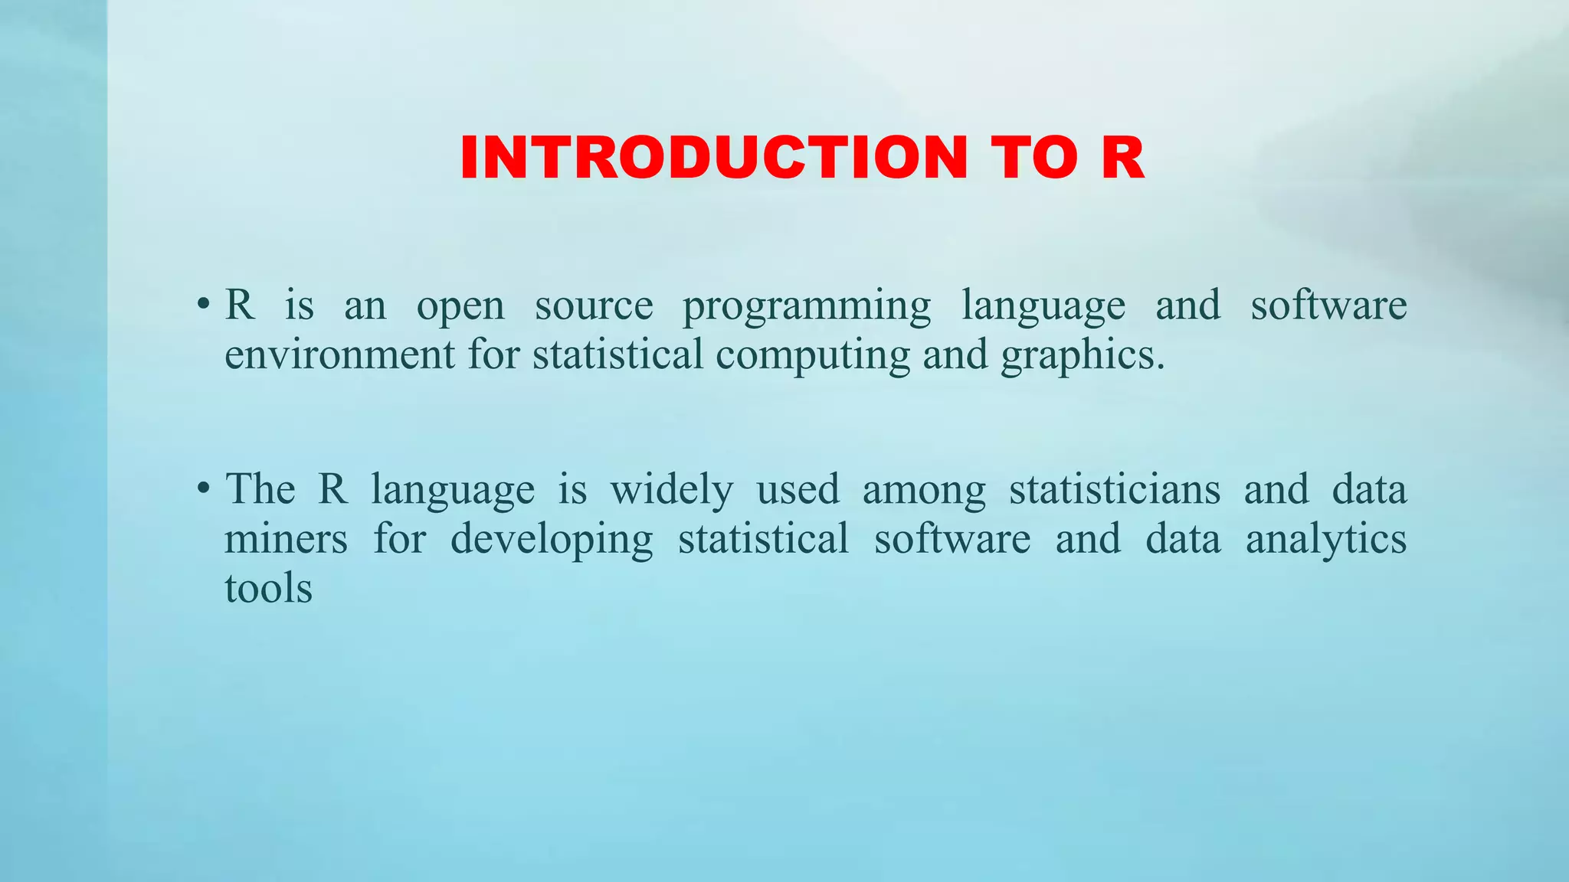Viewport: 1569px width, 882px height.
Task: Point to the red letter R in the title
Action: (x=1123, y=158)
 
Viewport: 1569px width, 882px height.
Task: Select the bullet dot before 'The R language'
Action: (x=203, y=488)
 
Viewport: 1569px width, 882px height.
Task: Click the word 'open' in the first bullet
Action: (x=460, y=307)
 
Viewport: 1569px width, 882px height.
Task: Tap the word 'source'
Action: (x=594, y=305)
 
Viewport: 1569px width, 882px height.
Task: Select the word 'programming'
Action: (x=807, y=307)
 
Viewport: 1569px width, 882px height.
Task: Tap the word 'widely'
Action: (x=672, y=490)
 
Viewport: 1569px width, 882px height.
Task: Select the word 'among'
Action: (x=924, y=491)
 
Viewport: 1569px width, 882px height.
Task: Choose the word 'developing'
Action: (x=552, y=540)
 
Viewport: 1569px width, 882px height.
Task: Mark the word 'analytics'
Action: (x=1326, y=540)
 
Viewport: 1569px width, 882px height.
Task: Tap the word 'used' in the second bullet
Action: (x=798, y=489)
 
